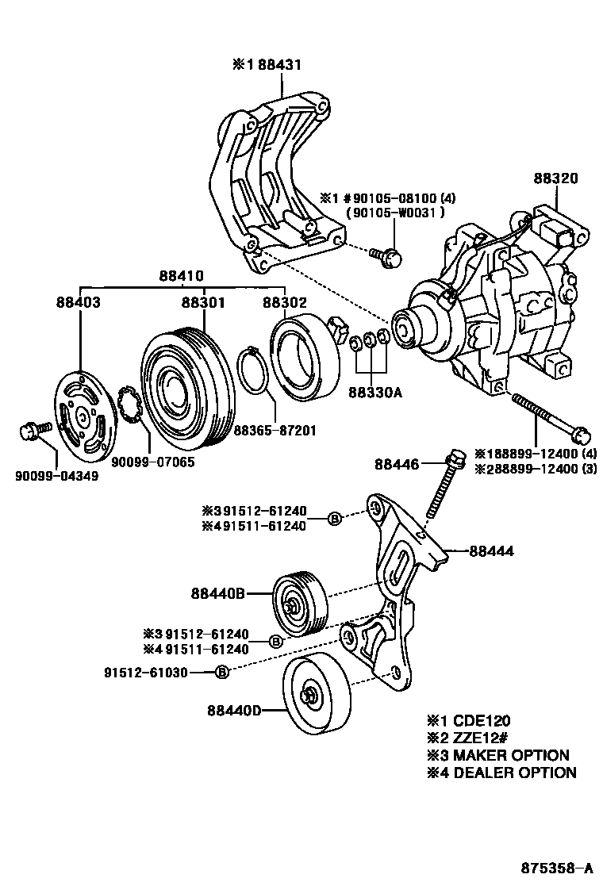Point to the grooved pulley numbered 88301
tap(188, 385)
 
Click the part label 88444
tap(492, 550)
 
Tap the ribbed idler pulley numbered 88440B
tap(297, 604)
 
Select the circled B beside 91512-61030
tap(223, 672)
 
